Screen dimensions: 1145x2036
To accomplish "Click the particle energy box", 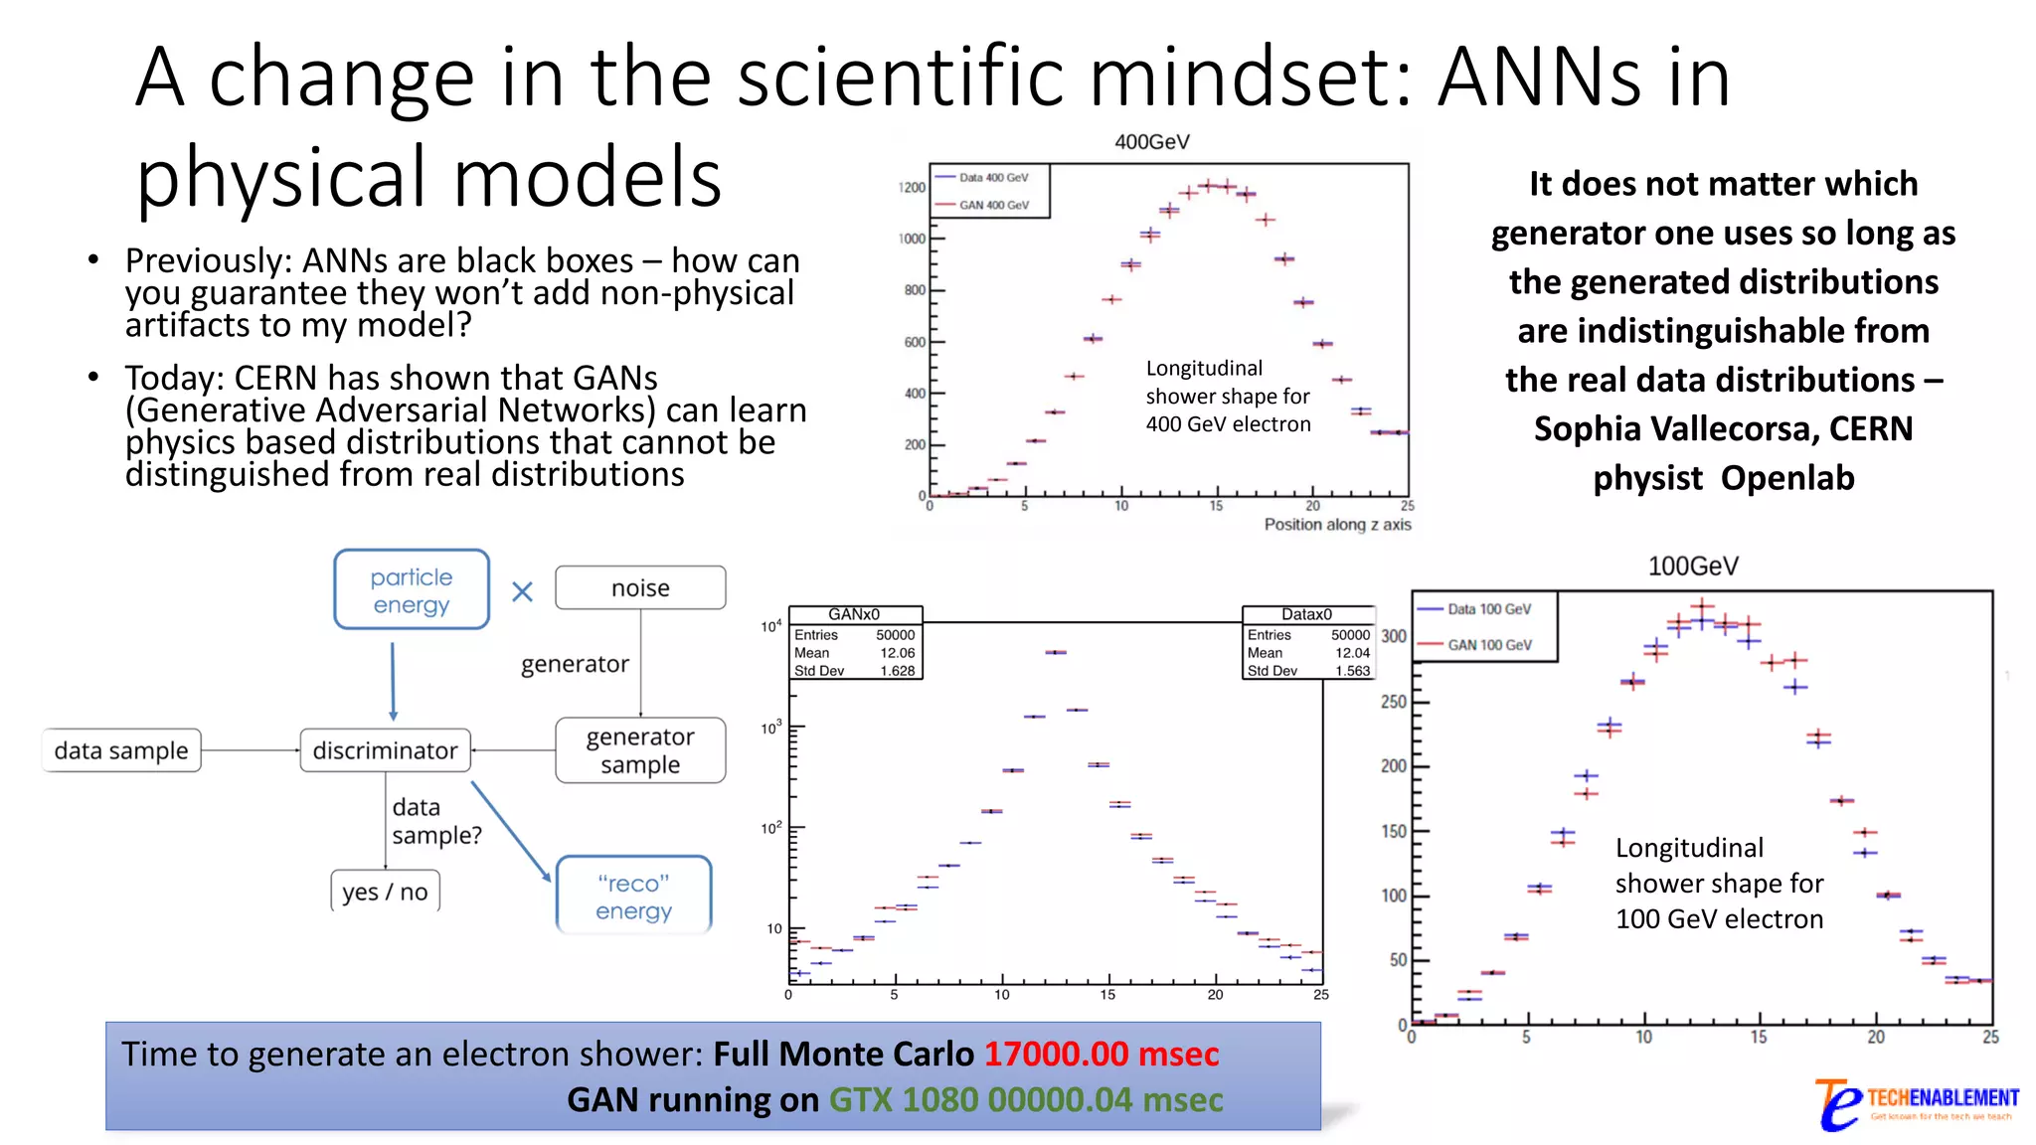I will coord(412,590).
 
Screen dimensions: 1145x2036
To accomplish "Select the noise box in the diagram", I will coord(640,588).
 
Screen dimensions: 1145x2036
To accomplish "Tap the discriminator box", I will coord(385,750).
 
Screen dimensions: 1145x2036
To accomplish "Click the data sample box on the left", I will coord(121,750).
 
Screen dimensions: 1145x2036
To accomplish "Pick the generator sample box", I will coord(640,750).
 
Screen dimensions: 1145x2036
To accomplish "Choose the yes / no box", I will coord(385,892).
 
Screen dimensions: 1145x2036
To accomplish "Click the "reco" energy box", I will coord(634,897).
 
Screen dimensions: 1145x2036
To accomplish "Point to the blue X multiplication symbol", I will coord(522,592).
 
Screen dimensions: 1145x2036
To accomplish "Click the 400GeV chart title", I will coord(1151,142).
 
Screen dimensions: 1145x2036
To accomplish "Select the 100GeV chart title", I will coord(1693,567).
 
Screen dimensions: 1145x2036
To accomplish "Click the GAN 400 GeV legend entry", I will coord(993,206).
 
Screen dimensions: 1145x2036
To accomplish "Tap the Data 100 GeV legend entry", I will coord(1488,609).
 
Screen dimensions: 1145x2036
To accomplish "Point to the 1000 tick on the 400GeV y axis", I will coord(912,239).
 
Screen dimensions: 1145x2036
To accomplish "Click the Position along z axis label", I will coord(1337,525).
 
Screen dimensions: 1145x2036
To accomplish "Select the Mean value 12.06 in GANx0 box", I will coord(897,653).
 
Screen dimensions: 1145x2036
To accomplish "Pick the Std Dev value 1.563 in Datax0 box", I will coord(1352,671).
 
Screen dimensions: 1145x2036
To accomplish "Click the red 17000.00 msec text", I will coord(1101,1054).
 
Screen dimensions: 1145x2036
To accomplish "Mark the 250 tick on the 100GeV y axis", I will coord(1393,702).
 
